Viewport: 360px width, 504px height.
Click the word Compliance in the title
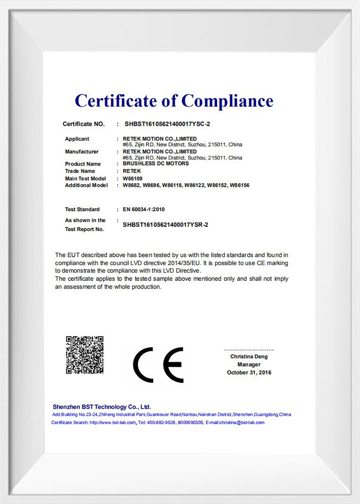coord(227,101)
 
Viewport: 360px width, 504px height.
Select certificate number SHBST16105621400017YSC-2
coord(167,124)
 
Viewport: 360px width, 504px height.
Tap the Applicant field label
coord(77,139)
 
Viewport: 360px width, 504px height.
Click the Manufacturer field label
coord(82,151)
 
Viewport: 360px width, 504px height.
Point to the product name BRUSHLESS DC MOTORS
coord(156,163)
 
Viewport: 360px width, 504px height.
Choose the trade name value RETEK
coord(132,171)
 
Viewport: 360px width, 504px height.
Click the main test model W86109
coord(133,178)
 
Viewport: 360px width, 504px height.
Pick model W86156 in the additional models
coord(240,185)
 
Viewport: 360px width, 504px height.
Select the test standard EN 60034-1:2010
coord(143,209)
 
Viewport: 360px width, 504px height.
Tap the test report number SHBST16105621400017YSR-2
coord(165,225)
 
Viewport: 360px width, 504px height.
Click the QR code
coord(85,355)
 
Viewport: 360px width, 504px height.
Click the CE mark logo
coord(158,365)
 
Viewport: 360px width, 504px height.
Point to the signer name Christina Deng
coord(249,356)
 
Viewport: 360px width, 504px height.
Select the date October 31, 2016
coord(249,372)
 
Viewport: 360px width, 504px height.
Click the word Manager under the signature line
coord(249,365)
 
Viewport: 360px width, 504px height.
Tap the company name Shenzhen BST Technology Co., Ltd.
coord(102,407)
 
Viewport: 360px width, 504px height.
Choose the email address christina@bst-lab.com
coord(242,423)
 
